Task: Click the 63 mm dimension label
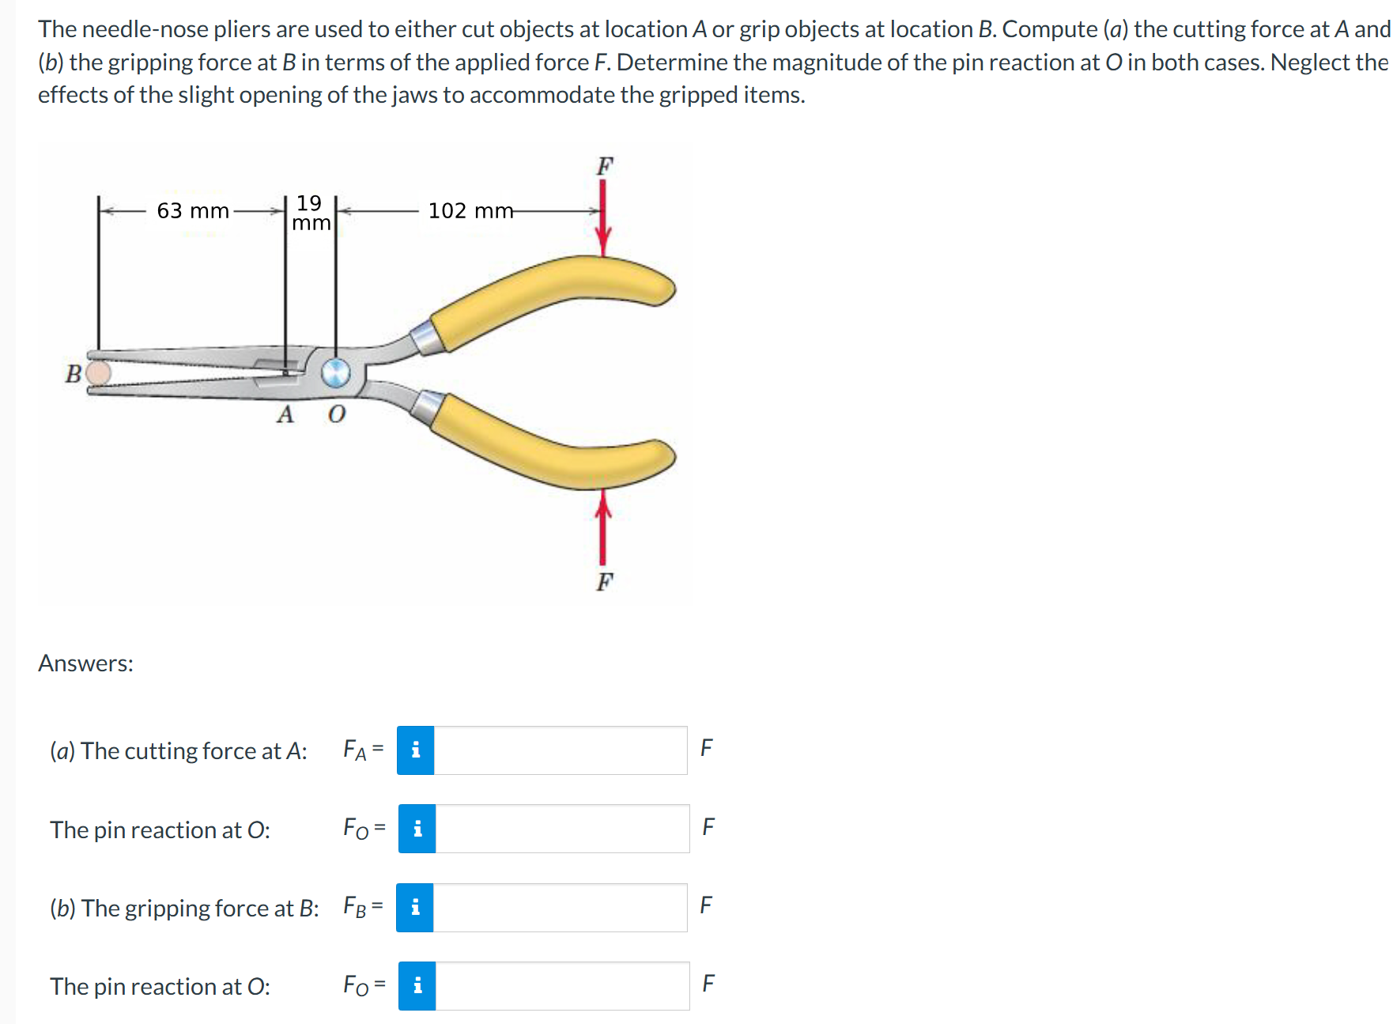pyautogui.click(x=192, y=211)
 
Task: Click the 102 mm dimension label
pyautogui.click(x=470, y=211)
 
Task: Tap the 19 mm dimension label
pyautogui.click(x=311, y=213)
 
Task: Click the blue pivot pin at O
pyautogui.click(x=335, y=372)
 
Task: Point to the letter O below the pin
pyautogui.click(x=337, y=414)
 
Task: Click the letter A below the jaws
pyautogui.click(x=285, y=414)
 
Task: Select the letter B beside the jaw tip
pyautogui.click(x=73, y=374)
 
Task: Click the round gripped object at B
pyautogui.click(x=98, y=372)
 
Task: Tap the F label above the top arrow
pyautogui.click(x=605, y=166)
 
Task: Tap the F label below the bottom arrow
pyautogui.click(x=605, y=582)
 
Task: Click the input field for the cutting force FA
pyautogui.click(x=560, y=750)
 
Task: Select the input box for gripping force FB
pyautogui.click(x=560, y=907)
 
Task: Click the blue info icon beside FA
pyautogui.click(x=416, y=750)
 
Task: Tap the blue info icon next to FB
pyautogui.click(x=415, y=907)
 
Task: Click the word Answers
pyautogui.click(x=85, y=663)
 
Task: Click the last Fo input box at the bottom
pyautogui.click(x=561, y=985)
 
